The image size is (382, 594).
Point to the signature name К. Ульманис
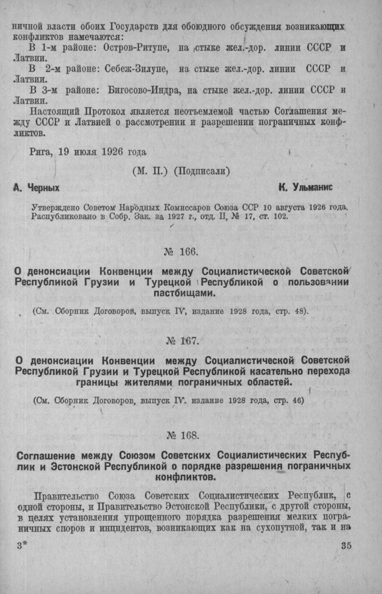(306, 188)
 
